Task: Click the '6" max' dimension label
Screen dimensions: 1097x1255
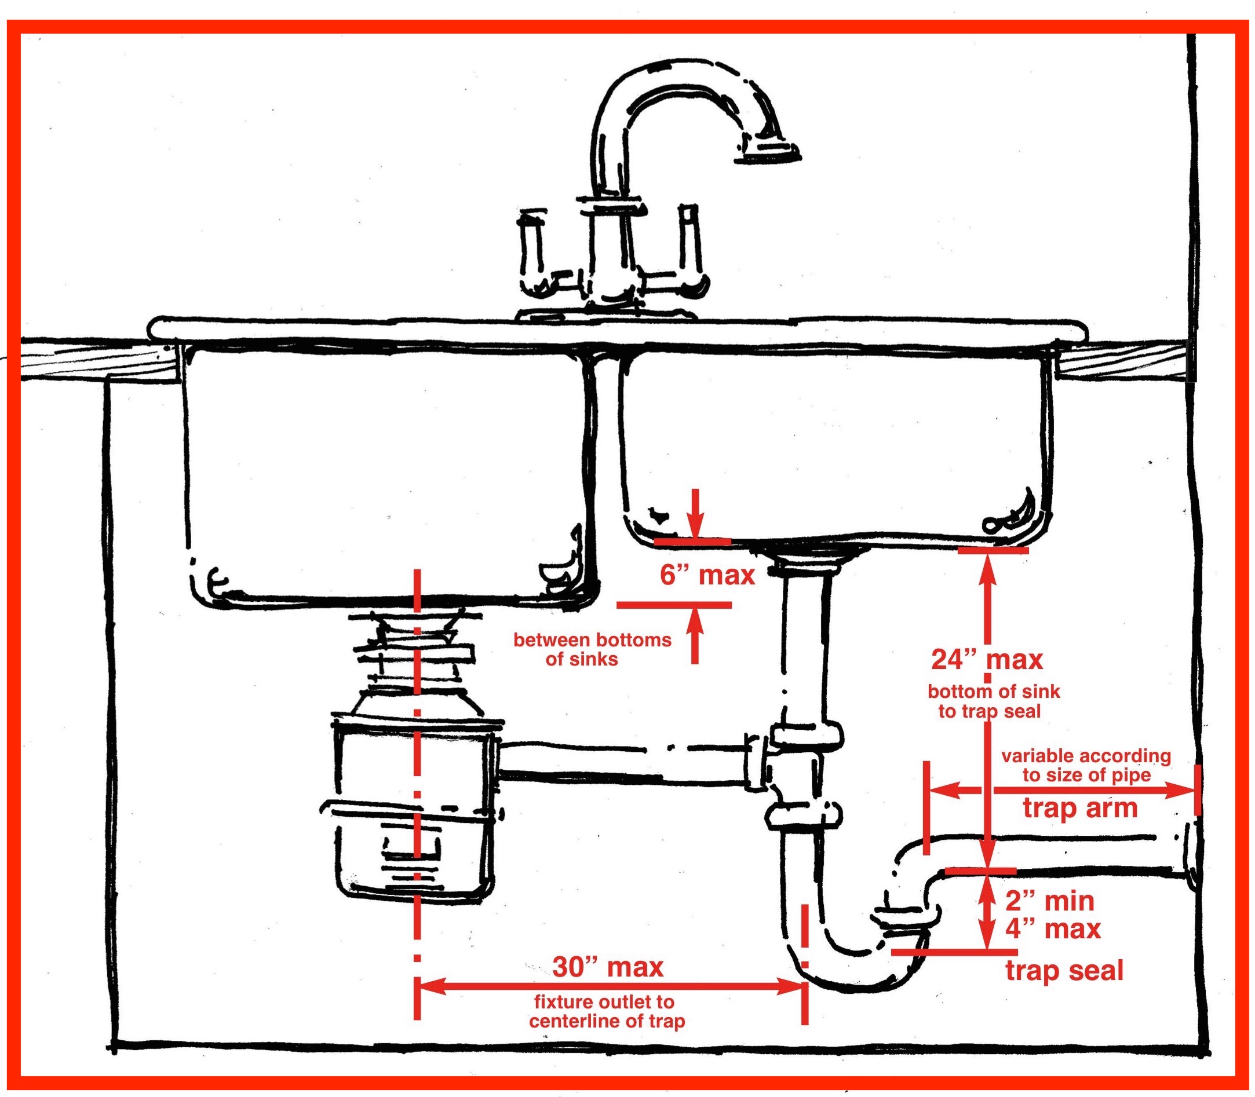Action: pos(707,576)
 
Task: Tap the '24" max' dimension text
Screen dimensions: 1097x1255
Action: pos(987,659)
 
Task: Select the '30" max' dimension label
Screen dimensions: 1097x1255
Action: pos(608,967)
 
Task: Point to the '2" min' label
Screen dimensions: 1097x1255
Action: pos(1049,901)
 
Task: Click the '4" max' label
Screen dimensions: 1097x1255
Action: pos(1052,928)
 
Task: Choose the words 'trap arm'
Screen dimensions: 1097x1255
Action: pos(1080,808)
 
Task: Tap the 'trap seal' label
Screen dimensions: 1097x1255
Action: pos(1064,971)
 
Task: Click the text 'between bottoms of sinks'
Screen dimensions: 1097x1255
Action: pos(592,649)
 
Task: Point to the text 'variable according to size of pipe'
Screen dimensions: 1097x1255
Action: pos(1085,765)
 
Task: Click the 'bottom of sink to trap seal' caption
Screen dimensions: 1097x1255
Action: pos(993,701)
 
